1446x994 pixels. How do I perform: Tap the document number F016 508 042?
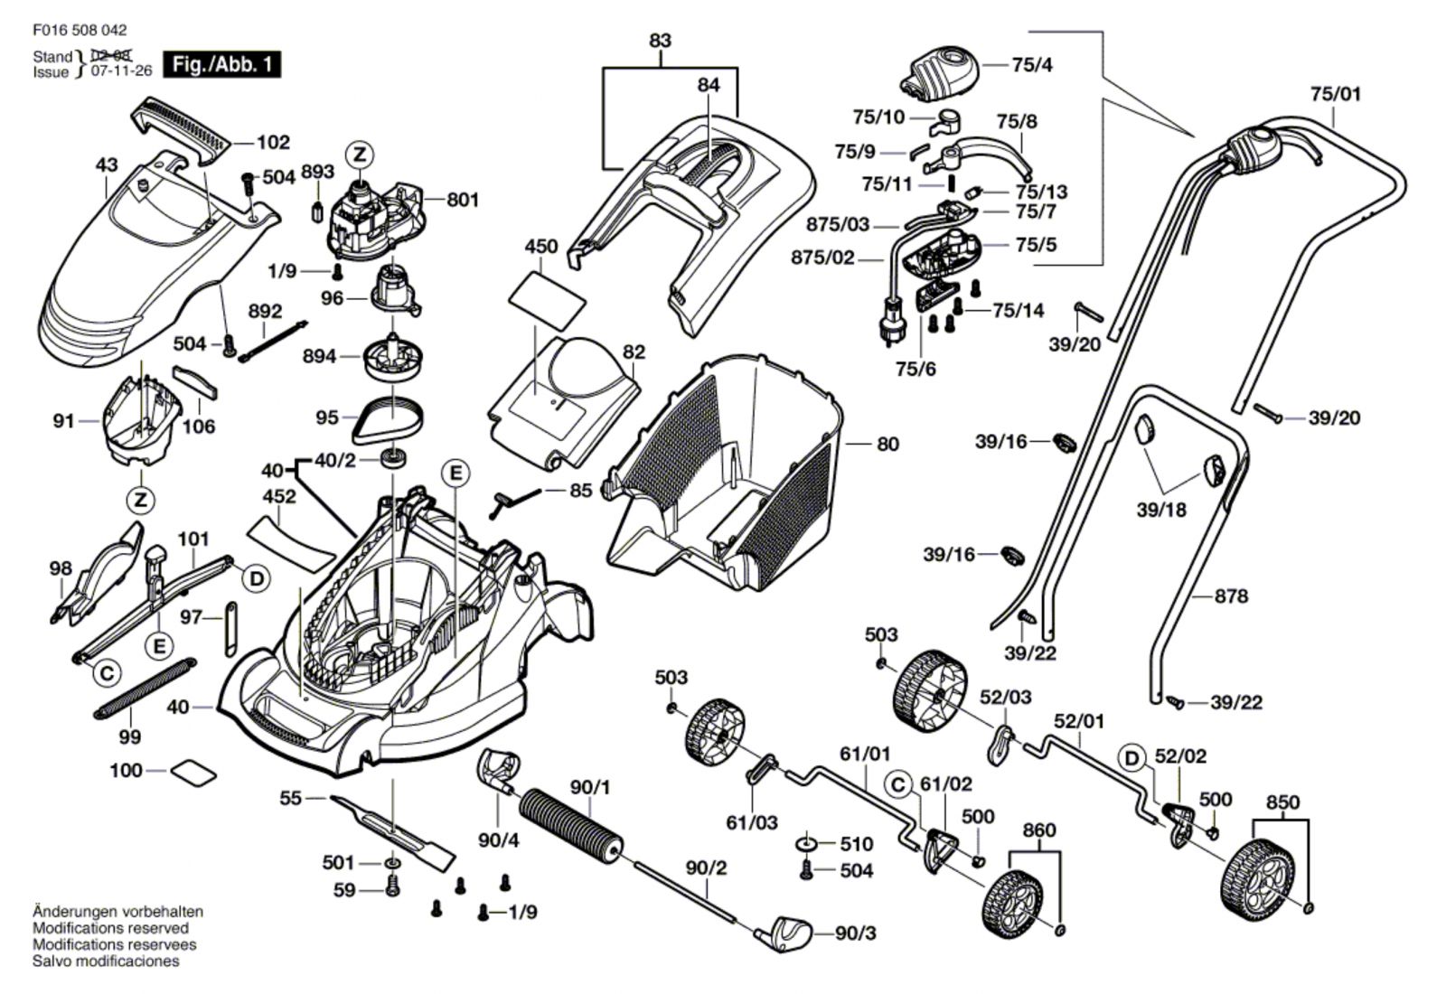[x=80, y=30]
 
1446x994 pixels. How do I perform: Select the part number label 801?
[x=462, y=199]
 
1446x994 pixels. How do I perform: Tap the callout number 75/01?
[x=1335, y=93]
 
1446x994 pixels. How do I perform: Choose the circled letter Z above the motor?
[x=360, y=155]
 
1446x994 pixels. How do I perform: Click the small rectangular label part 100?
[x=193, y=771]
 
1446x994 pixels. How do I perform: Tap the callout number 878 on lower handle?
[x=1231, y=595]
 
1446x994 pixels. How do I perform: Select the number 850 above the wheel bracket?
[x=1282, y=802]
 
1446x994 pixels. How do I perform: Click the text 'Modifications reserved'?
[x=111, y=928]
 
